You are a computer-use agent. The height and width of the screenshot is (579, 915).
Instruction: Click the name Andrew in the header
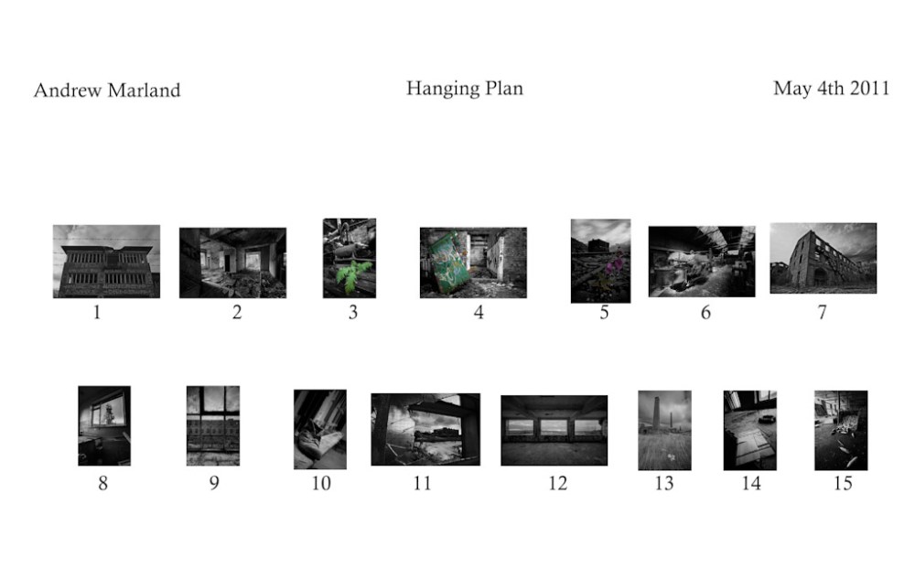coord(68,91)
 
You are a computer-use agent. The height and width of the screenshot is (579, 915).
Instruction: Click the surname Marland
coord(145,91)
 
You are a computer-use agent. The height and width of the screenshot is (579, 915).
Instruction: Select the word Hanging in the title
coord(442,90)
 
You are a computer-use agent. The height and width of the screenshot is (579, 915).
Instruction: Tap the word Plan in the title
coord(504,88)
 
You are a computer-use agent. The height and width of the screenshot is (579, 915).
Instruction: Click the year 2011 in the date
coord(869,88)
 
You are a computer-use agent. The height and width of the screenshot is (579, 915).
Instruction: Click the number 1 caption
coord(97,313)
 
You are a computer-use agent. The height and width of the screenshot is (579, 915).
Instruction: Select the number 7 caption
coord(822,313)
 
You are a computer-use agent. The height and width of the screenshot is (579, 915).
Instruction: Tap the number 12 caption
coord(557,483)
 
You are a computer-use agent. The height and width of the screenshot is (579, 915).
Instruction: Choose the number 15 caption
coord(843,483)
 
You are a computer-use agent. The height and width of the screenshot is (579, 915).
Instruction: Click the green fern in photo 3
coord(352,275)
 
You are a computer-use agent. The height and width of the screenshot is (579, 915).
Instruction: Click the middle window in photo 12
coord(554,427)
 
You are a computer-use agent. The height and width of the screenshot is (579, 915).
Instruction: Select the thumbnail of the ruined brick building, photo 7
coord(823,258)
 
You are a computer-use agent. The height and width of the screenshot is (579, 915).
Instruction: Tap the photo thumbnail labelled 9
coord(213,425)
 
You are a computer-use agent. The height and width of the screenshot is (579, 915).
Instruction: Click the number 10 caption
coord(321,483)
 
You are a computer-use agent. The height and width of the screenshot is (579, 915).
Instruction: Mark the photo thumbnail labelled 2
coord(232,263)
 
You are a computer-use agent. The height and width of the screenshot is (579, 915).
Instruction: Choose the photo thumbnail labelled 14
coord(750,430)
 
